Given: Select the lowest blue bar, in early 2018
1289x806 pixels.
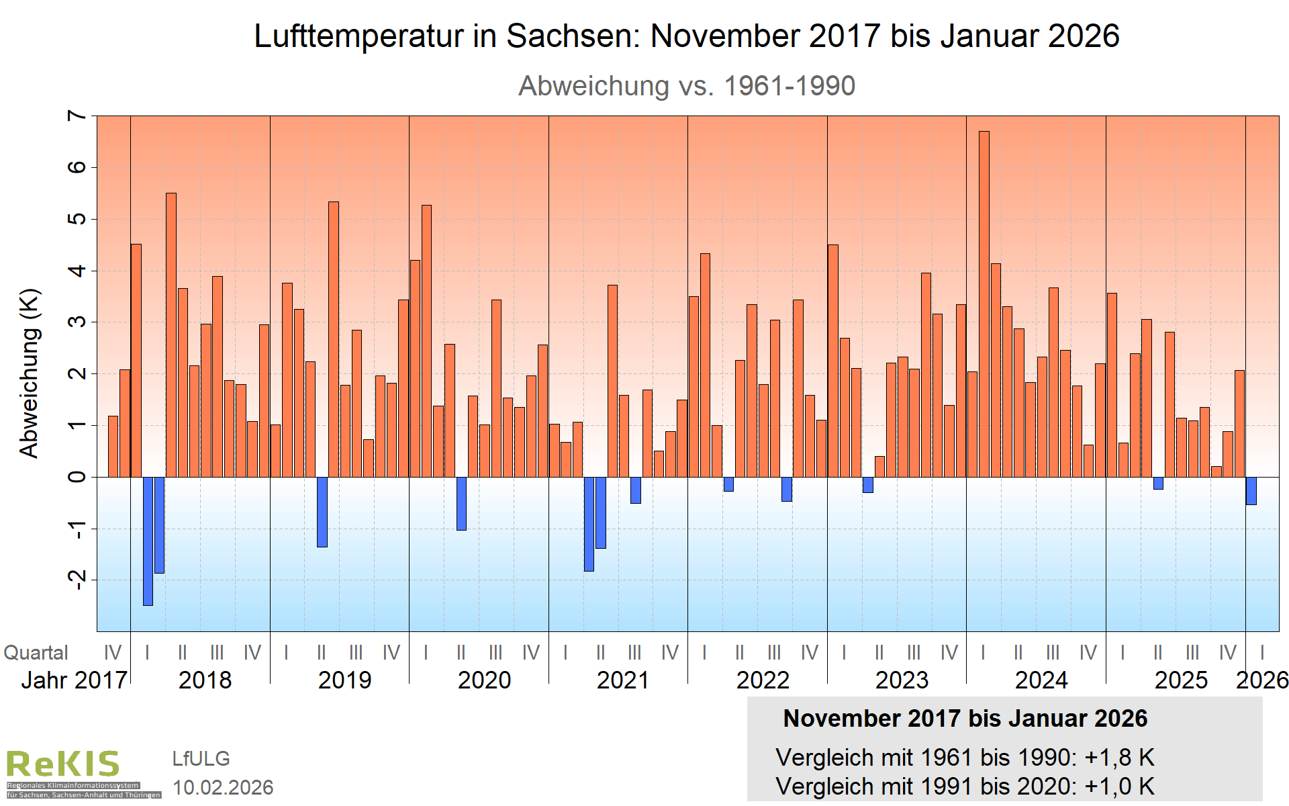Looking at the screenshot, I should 148,541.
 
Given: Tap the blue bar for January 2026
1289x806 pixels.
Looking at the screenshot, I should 1251,491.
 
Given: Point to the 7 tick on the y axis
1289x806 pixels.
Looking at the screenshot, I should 77,116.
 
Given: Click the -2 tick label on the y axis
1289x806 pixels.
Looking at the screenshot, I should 77,579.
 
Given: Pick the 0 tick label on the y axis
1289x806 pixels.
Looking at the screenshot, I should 77,477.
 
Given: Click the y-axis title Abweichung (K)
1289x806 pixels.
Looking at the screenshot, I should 30,373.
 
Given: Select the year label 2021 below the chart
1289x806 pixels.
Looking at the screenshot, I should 623,680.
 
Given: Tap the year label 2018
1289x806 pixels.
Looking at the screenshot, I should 205,680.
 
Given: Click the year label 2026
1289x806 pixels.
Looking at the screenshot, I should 1262,680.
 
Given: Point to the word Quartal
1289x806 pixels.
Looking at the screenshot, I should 36,653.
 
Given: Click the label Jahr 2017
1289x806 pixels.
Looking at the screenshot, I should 74,680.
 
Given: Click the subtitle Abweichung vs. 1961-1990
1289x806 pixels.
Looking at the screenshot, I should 687,86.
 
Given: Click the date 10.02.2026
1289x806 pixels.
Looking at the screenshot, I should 223,787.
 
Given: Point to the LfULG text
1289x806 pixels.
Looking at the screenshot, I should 201,759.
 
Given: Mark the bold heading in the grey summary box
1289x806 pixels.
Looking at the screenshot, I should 965,719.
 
